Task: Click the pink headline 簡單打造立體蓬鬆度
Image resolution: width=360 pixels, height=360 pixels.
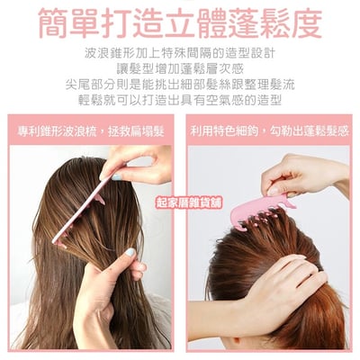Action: coord(181,22)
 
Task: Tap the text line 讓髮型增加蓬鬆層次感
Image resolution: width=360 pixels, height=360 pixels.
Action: coord(180,69)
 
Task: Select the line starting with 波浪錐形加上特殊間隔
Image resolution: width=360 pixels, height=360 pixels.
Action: coord(180,54)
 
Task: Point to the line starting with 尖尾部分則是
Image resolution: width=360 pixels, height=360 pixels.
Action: coord(180,85)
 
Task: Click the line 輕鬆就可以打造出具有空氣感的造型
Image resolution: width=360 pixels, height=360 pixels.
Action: coord(180,100)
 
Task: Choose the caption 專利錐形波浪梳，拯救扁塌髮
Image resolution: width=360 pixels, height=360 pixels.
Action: coord(91,131)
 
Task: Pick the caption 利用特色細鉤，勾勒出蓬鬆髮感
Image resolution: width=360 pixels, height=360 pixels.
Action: coord(269,131)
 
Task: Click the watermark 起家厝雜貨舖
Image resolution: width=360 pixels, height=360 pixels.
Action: coord(189,203)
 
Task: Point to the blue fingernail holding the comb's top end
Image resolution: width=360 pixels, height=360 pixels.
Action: coord(116,177)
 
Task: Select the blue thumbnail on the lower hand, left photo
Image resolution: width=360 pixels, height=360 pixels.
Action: coord(130,252)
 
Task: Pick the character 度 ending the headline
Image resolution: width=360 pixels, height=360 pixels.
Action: coord(307,23)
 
